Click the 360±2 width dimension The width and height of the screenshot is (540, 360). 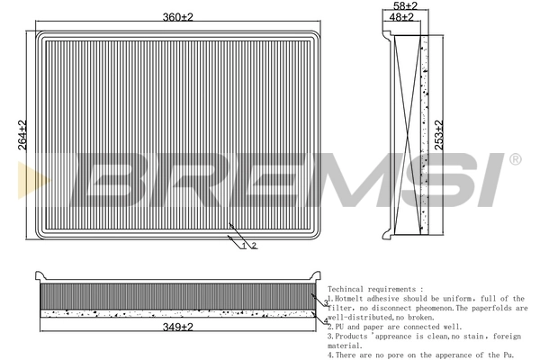[176, 17]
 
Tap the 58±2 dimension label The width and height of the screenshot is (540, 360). [408, 5]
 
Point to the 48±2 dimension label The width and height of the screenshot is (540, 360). [403, 17]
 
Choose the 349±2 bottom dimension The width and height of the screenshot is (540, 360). [176, 327]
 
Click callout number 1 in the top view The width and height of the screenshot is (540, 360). [243, 246]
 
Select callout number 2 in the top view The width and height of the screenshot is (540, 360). [255, 246]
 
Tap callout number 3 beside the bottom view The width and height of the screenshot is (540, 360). [325, 304]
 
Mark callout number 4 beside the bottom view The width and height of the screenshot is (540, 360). [325, 320]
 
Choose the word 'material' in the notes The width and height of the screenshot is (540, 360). [345, 346]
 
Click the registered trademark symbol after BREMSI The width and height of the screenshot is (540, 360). [514, 159]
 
